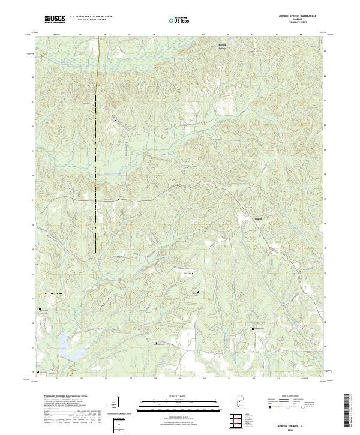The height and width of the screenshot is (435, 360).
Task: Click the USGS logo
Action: pyautogui.click(x=55, y=19)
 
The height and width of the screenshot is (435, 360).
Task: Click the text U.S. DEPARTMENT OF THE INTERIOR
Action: pyautogui.click(x=91, y=17)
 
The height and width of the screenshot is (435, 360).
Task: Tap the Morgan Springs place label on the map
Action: pyautogui.click(x=222, y=46)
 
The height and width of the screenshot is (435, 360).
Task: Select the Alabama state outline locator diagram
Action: pyautogui.click(x=239, y=401)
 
